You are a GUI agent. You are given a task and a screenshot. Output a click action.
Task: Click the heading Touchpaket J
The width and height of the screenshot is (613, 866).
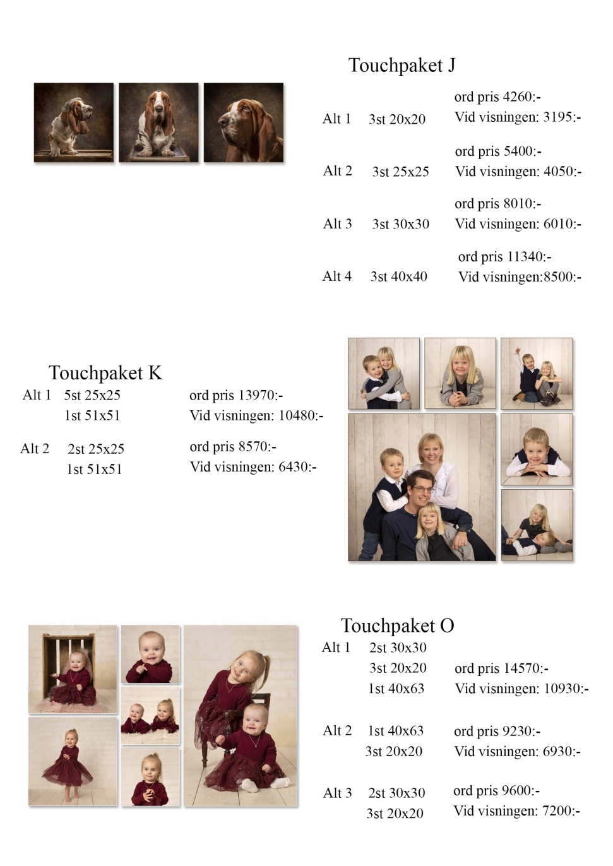pos(402,65)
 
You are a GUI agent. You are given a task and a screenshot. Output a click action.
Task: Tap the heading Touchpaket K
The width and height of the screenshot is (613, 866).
pos(105,372)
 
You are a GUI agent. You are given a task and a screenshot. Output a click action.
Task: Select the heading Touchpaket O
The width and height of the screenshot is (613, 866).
pos(397,626)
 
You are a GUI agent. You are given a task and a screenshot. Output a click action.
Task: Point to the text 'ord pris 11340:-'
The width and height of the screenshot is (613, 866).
pos(504,257)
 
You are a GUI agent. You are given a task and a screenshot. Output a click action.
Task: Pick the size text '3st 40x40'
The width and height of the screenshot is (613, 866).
pos(399,276)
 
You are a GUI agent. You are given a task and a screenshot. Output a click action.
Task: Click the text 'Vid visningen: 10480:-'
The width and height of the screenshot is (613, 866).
pos(256,415)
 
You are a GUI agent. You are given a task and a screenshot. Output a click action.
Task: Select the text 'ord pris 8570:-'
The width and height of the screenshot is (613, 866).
pos(233,446)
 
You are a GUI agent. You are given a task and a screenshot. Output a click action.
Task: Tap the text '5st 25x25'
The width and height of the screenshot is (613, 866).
pos(92,394)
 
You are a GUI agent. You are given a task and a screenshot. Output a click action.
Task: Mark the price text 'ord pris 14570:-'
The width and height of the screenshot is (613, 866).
pos(502,668)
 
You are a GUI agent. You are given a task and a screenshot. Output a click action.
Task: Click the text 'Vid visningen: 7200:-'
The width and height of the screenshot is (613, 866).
pos(516,810)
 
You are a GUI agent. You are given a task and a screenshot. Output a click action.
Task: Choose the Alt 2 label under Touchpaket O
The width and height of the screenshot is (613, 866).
pos(337,730)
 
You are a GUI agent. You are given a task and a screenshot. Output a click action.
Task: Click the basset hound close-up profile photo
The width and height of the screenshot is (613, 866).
pos(244,122)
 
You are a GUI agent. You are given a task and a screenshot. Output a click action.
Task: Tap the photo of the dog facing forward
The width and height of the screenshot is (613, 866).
pos(158,122)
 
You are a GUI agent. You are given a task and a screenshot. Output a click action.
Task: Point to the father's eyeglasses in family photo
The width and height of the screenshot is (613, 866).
pos(422,489)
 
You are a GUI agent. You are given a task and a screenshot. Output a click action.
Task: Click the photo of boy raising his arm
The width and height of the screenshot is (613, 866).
pos(537,374)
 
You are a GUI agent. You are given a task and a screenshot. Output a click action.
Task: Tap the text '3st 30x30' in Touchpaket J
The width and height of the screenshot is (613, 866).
pos(401,224)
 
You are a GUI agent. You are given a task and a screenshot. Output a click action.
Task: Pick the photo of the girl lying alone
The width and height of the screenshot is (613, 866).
pos(460,374)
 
